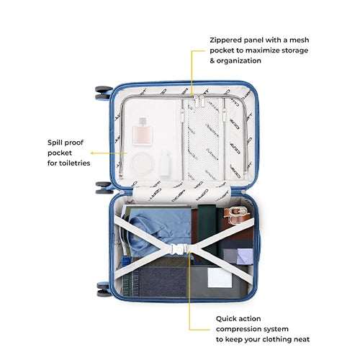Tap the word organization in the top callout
click(239, 61)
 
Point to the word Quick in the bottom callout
click(225, 319)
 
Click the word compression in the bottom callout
click(238, 329)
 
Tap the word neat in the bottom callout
click(302, 339)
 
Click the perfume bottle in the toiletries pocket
click(142, 131)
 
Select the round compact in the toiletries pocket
click(142, 164)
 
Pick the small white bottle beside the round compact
click(165, 163)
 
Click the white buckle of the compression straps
click(179, 249)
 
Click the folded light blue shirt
click(157, 229)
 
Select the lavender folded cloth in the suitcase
click(245, 256)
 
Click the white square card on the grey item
click(220, 277)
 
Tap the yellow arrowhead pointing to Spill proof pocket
click(92, 153)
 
